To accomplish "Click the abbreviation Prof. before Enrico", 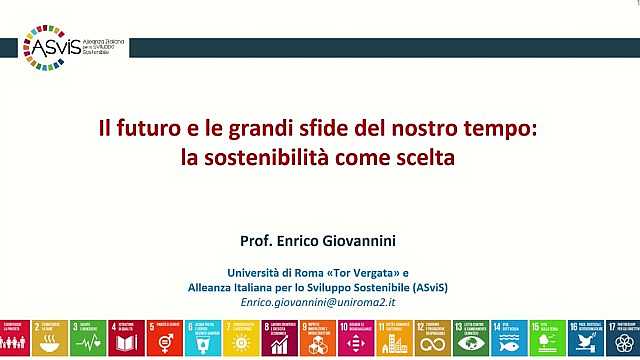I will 257,241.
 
